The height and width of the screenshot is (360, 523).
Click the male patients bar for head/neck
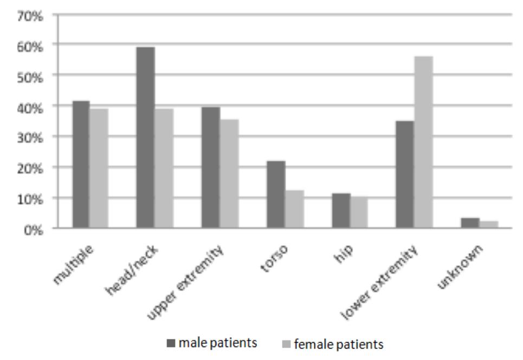(145, 138)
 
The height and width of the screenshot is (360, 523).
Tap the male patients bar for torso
(275, 195)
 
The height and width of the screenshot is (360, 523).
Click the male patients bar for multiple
(81, 164)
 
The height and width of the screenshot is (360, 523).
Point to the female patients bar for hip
(358, 212)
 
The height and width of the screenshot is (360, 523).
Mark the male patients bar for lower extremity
(404, 175)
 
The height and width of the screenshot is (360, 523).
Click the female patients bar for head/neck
(164, 168)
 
